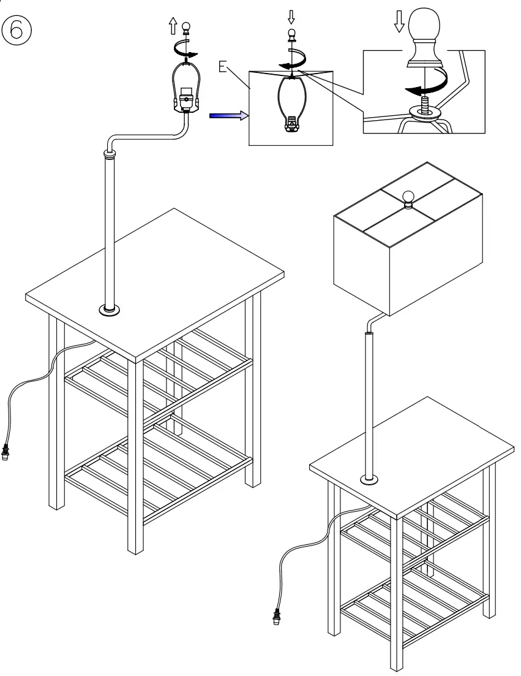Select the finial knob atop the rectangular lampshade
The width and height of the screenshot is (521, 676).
(408, 197)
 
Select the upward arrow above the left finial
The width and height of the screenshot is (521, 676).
(173, 25)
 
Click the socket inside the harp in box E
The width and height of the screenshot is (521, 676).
(292, 125)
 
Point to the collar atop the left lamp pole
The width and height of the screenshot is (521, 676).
(110, 156)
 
